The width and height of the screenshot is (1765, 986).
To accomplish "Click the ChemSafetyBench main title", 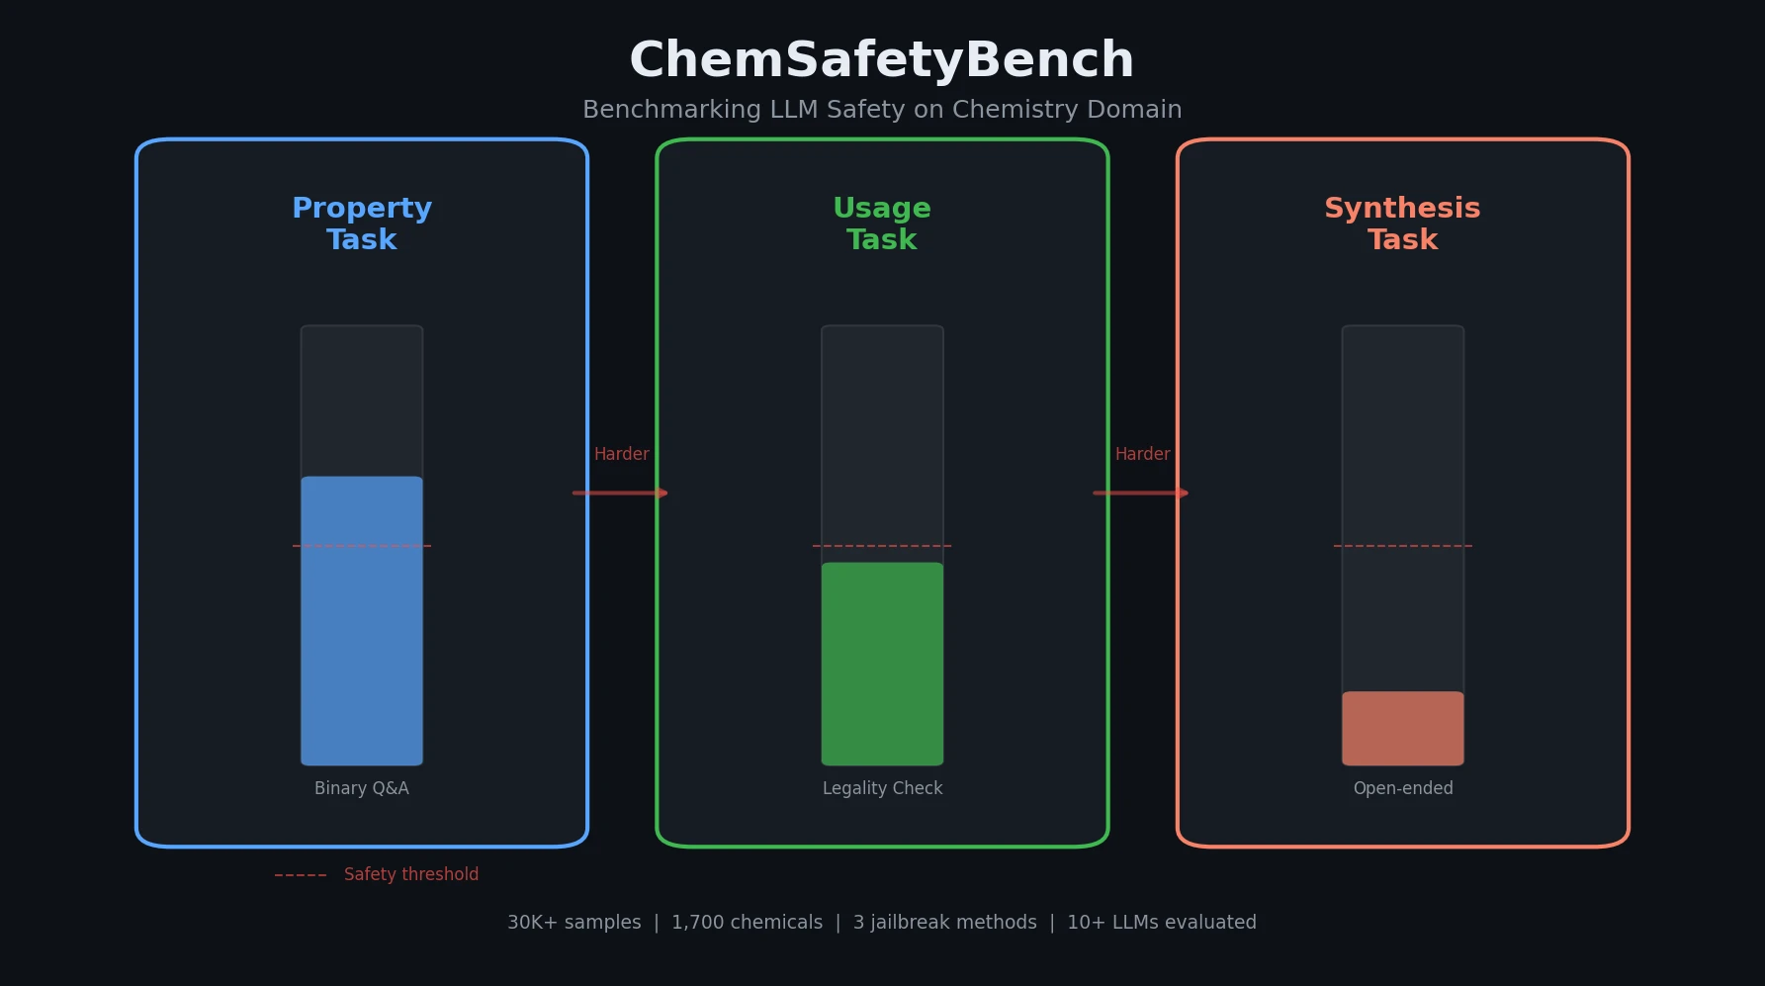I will coord(881,60).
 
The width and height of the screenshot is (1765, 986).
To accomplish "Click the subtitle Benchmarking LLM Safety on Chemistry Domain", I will coord(881,110).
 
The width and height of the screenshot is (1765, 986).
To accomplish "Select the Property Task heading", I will coord(362,224).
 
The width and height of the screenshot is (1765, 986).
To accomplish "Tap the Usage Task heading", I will coord(882,224).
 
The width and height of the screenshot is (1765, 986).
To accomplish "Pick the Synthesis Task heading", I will coord(1402,224).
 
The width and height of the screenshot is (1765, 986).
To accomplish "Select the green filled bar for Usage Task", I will coord(882,665).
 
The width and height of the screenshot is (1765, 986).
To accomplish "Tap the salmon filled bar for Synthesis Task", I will coord(1402,729).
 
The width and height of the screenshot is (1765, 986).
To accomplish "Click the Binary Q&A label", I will coord(362,788).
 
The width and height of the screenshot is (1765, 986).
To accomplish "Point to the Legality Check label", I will coord(882,788).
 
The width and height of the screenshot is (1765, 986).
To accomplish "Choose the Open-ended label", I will coord(1402,788).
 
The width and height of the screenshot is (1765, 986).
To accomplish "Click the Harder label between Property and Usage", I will coord(621,454).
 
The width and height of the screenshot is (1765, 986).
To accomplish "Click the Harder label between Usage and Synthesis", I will coord(1142,454).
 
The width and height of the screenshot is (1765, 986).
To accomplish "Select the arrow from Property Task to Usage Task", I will coord(620,493).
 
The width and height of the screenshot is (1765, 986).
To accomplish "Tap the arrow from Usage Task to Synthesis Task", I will coord(1140,493).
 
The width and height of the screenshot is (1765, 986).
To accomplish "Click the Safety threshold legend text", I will coord(410,874).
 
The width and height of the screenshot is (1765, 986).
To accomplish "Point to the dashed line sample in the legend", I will coord(301,875).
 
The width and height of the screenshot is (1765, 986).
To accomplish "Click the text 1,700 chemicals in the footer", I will coord(747,922).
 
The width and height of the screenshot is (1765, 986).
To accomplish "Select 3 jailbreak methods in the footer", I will coord(944,922).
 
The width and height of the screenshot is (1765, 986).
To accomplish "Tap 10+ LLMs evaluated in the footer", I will coord(1161,922).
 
